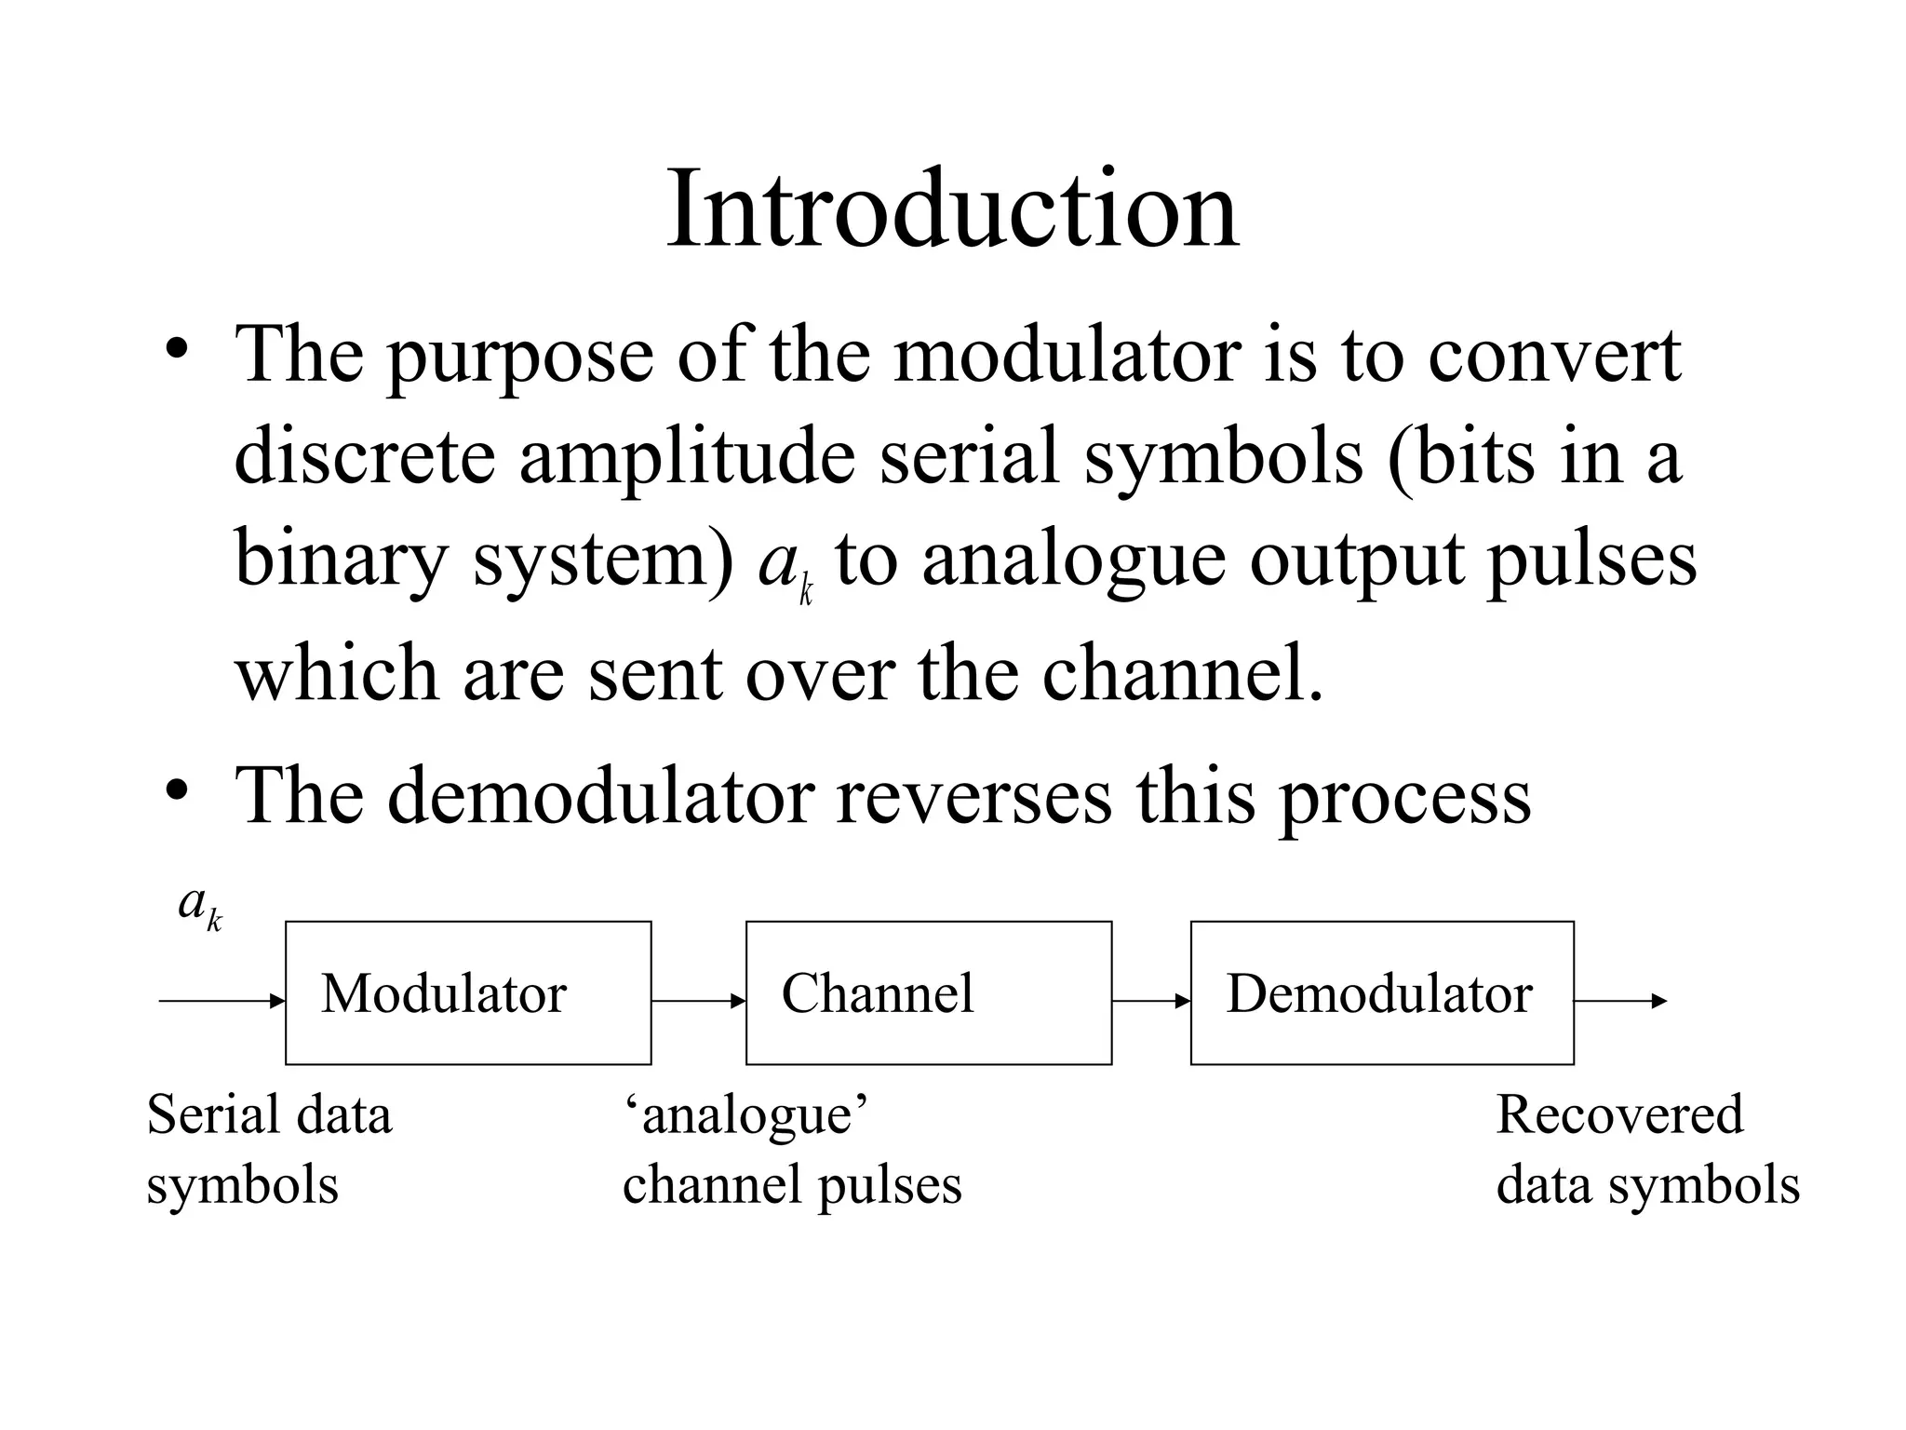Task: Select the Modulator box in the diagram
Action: [x=468, y=992]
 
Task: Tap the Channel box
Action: [x=928, y=992]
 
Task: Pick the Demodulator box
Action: [x=1381, y=992]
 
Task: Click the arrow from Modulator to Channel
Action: [x=698, y=1002]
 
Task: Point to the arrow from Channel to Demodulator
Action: [x=1150, y=1002]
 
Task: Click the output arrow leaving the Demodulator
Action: [x=1619, y=1002]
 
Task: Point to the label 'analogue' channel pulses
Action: [x=791, y=1149]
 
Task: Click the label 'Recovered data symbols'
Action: [x=1646, y=1149]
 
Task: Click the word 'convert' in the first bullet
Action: [x=1553, y=357]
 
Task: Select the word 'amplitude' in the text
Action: [x=686, y=459]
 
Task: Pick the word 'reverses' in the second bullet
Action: [x=973, y=797]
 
